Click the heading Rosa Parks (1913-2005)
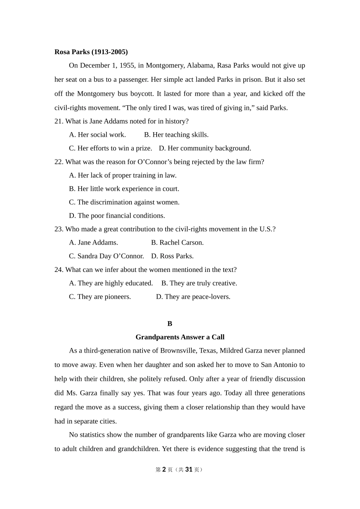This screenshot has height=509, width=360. coord(91,52)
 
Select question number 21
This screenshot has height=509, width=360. coord(58,121)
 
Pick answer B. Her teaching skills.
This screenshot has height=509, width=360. coord(176,135)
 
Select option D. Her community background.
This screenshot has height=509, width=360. coord(205,148)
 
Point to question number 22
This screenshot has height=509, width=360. coord(58,162)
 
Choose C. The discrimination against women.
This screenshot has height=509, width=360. coord(124,202)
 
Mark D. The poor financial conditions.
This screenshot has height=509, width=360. coord(117,216)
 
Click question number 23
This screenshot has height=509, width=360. coord(58,229)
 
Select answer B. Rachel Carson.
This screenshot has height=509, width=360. coord(177,243)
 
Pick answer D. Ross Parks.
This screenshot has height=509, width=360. coord(172,256)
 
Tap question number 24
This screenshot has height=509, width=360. coord(58,270)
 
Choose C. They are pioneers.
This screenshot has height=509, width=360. coord(100,297)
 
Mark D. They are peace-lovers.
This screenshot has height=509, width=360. coord(193,297)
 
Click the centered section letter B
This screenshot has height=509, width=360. coord(170,324)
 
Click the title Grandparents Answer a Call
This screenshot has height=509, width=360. coord(180,337)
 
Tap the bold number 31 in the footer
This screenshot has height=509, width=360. coord(189,470)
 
